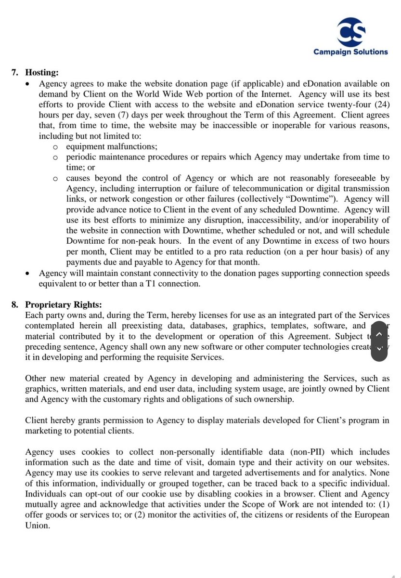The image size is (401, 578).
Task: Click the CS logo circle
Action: [x=350, y=32]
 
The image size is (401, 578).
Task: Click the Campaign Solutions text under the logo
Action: [x=350, y=52]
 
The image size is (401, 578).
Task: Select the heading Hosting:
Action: [x=42, y=73]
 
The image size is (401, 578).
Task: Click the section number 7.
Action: [x=15, y=73]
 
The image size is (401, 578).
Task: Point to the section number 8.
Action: [x=15, y=304]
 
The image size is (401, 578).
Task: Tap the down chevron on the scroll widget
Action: [x=379, y=348]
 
